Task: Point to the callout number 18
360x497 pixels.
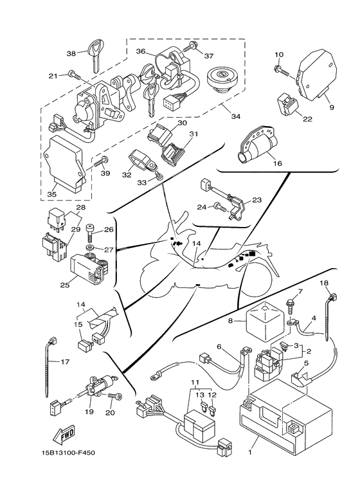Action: [x=324, y=283]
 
